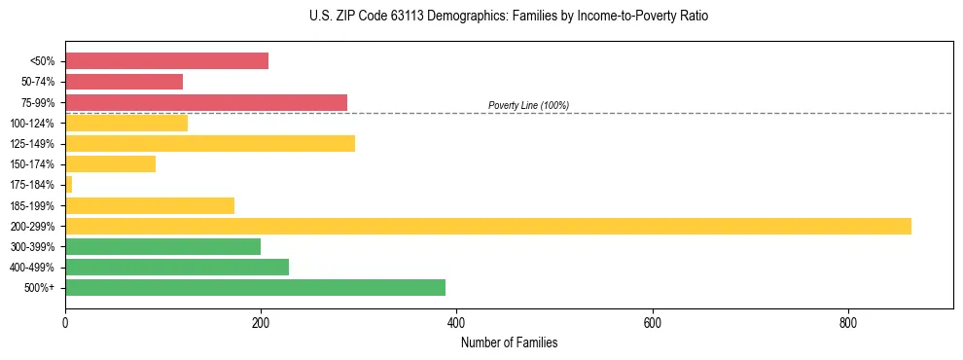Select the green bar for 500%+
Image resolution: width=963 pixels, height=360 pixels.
255,287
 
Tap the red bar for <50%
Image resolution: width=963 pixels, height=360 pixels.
166,61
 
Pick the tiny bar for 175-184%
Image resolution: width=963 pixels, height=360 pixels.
68,184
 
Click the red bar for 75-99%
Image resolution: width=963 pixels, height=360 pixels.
206,102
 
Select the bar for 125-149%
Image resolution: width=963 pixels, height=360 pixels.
210,143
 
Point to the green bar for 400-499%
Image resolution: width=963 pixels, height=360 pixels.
177,267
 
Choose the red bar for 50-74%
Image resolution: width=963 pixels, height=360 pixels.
124,82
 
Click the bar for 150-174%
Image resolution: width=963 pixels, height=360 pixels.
110,163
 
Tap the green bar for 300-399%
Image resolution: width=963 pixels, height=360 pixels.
162,246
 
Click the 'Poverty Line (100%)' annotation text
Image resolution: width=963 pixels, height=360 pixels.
528,105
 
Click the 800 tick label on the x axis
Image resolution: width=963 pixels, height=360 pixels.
847,323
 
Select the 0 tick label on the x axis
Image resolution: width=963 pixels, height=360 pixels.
65,323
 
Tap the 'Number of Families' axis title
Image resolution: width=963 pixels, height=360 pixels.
509,343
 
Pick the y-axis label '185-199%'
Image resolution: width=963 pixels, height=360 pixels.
32,205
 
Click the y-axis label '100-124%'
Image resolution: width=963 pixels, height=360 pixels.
32,123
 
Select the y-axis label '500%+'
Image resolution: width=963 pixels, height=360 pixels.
38,287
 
